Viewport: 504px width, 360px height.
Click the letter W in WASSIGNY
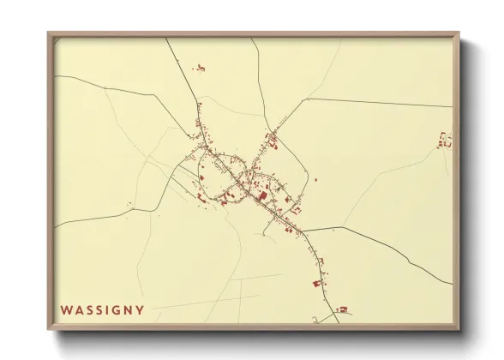pyautogui.click(x=65, y=309)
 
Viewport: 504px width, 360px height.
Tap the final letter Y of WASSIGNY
pyautogui.click(x=140, y=309)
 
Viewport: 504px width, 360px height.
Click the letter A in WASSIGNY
pyautogui.click(x=77, y=309)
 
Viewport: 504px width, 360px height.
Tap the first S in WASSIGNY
pyautogui.click(x=87, y=309)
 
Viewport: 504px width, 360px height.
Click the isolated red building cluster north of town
pyautogui.click(x=201, y=66)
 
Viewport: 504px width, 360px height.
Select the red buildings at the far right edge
pyautogui.click(x=444, y=141)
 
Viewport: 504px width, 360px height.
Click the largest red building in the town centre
pyautogui.click(x=262, y=195)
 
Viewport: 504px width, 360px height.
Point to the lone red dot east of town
pyautogui.click(x=315, y=180)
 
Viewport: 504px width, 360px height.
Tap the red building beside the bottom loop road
pyautogui.click(x=342, y=309)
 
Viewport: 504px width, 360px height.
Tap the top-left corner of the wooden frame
pyautogui.click(x=48, y=33)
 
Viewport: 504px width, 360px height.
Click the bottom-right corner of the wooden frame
pyautogui.click(x=459, y=330)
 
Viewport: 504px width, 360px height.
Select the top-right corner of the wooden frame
pyautogui.click(x=459, y=33)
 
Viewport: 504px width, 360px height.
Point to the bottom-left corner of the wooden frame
pyautogui.click(x=48, y=330)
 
